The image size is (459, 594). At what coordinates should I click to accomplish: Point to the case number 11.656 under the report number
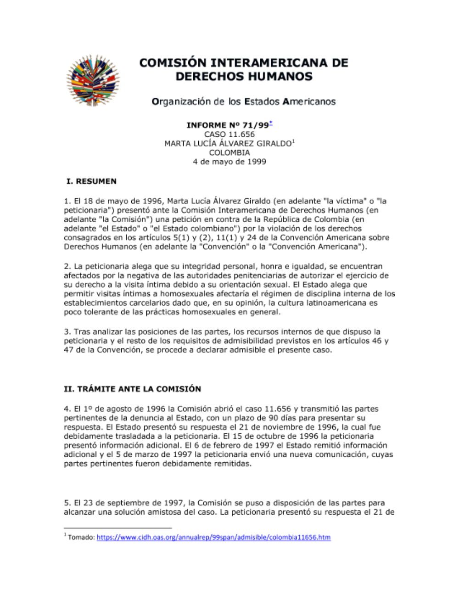tap(241, 134)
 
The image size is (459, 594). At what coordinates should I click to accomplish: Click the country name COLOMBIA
tap(229, 152)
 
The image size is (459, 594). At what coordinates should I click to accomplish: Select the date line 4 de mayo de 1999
tap(229, 162)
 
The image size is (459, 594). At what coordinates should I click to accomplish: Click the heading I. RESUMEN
tap(91, 181)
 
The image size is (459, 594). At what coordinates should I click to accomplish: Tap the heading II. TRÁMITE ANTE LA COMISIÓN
tap(132, 389)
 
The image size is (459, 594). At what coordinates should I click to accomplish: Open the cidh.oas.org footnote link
tap(213, 537)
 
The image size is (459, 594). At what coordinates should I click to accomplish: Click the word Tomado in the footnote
tap(81, 537)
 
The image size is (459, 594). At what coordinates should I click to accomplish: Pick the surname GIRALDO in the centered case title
tap(274, 144)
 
